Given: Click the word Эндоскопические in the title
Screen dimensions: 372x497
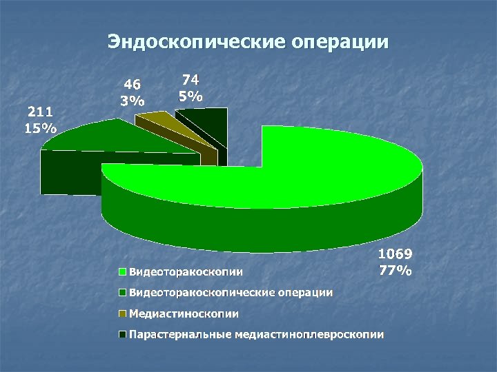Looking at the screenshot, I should (x=197, y=42).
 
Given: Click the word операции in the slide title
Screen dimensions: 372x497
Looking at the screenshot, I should (x=340, y=42).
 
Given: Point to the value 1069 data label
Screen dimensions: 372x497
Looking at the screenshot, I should (x=396, y=256).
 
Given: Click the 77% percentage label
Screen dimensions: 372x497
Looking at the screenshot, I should (x=396, y=270).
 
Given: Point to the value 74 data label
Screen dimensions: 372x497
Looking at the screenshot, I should (x=190, y=81).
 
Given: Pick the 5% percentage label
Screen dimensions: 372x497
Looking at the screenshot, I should (x=190, y=96).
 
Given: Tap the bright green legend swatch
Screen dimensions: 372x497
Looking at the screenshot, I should (x=122, y=271).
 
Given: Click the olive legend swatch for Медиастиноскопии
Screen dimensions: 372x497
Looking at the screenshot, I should (x=122, y=314).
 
